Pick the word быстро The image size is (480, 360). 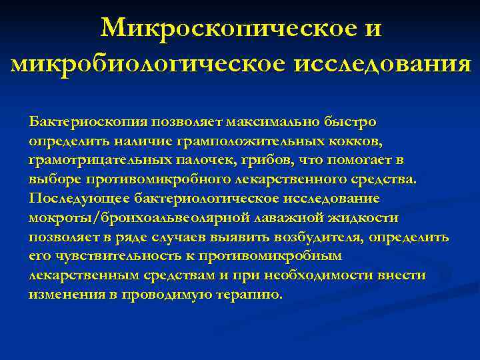tap(352, 122)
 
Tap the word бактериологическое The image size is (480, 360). tap(207, 199)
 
